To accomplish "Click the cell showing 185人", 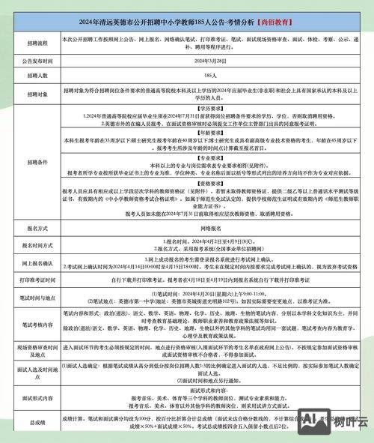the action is pyautogui.click(x=204, y=77).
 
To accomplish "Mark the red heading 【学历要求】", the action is pyautogui.click(x=204, y=108).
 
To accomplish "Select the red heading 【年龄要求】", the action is pyautogui.click(x=204, y=131).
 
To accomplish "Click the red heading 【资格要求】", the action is pyautogui.click(x=204, y=182).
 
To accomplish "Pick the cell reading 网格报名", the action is pyautogui.click(x=204, y=226).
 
